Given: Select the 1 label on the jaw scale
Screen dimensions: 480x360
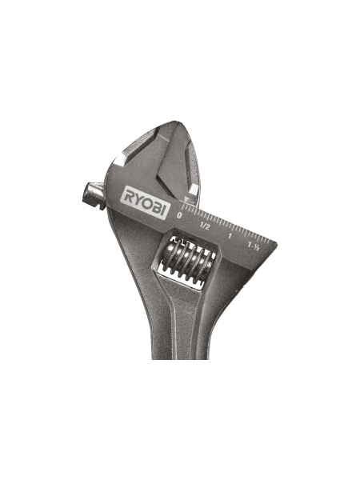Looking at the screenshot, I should coord(230,234).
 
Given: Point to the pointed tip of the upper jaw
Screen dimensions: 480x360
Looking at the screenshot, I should coord(165,125).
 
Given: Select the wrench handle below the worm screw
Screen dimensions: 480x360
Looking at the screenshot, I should coord(180,328).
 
